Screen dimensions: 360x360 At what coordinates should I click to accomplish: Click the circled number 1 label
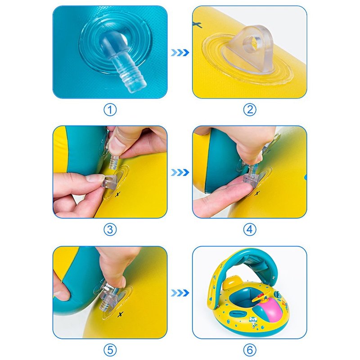pyautogui.click(x=110, y=110)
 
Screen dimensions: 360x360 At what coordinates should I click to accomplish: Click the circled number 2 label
pyautogui.click(x=250, y=110)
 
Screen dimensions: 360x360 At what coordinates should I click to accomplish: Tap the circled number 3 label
pyautogui.click(x=110, y=229)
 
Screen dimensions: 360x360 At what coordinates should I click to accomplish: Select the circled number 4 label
pyautogui.click(x=250, y=229)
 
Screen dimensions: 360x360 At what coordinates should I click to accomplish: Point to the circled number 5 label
pyautogui.click(x=110, y=350)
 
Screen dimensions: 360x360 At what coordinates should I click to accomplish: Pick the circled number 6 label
pyautogui.click(x=250, y=350)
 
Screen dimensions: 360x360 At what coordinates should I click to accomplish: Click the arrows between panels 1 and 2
pyautogui.click(x=180, y=53)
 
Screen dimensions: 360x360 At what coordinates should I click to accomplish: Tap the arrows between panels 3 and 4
pyautogui.click(x=180, y=172)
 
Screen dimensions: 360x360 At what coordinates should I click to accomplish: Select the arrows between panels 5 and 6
pyautogui.click(x=180, y=293)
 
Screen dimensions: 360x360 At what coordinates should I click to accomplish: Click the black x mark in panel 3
pyautogui.click(x=117, y=194)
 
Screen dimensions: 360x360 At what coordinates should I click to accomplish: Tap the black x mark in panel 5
pyautogui.click(x=120, y=314)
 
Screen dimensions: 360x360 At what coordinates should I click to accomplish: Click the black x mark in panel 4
pyautogui.click(x=257, y=193)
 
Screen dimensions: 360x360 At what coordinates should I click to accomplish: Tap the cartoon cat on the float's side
pyautogui.click(x=253, y=321)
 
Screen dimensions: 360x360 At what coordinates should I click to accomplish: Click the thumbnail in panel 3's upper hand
pyautogui.click(x=114, y=144)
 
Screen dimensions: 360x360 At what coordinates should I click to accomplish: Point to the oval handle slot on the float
pyautogui.click(x=236, y=313)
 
